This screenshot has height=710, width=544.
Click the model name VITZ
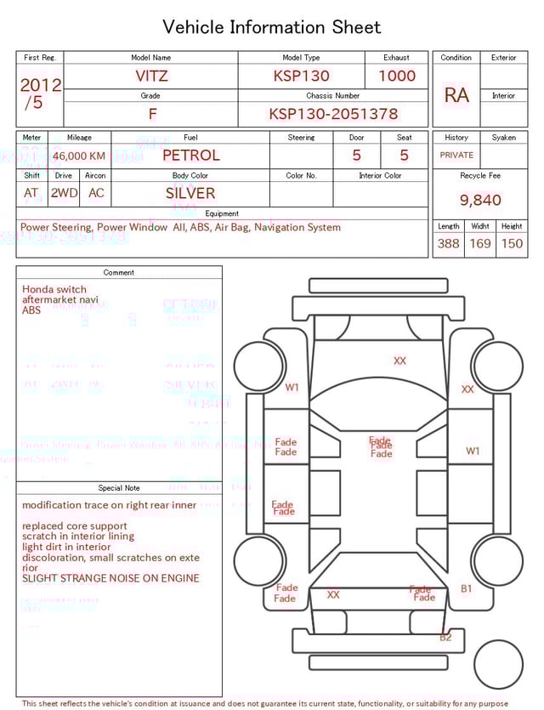(151, 76)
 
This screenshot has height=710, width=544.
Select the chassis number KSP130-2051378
(333, 114)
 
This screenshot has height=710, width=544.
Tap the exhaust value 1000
(397, 76)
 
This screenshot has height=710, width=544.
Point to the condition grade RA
(456, 95)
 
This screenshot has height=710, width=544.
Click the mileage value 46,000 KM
(79, 156)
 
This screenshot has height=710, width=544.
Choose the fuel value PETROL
(190, 156)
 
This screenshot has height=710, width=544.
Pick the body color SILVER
(190, 193)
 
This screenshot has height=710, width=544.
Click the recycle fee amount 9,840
(480, 200)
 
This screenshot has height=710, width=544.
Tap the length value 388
(448, 243)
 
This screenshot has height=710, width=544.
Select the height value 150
(512, 243)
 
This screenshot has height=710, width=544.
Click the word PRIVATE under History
(456, 156)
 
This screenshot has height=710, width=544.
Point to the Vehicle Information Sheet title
(272, 27)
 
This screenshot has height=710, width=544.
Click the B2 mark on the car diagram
(446, 637)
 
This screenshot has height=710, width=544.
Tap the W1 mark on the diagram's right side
(473, 451)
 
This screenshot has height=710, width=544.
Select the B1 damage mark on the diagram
(467, 588)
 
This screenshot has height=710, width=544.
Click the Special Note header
(119, 488)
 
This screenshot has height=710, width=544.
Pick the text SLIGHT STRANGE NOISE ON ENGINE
(111, 578)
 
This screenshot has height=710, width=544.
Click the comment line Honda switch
(54, 289)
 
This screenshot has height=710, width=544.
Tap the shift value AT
(31, 193)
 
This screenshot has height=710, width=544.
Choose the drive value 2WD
(64, 193)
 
